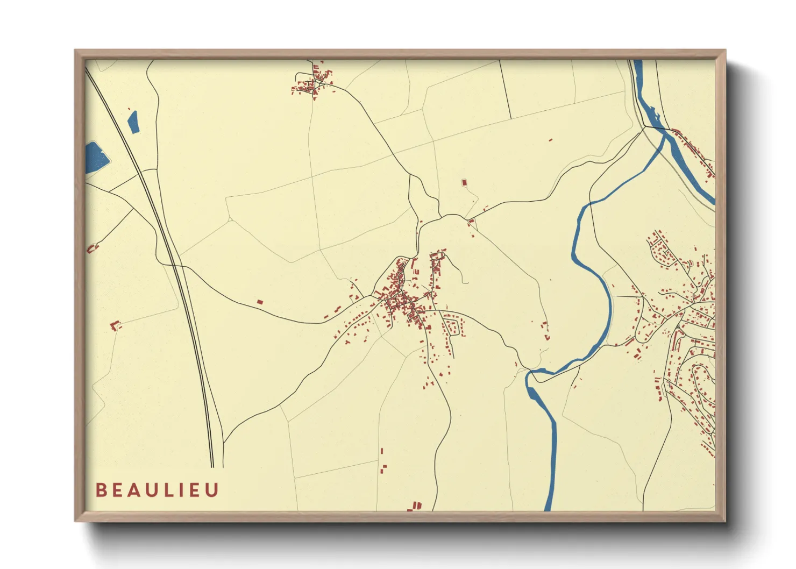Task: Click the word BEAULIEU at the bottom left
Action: click(157, 490)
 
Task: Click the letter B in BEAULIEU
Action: click(101, 490)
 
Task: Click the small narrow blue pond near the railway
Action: click(133, 122)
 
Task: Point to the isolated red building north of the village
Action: click(464, 183)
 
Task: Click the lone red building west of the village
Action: click(260, 302)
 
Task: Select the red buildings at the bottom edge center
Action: click(415, 506)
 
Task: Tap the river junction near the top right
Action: click(665, 134)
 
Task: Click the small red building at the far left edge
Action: click(92, 248)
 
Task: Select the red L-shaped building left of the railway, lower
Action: click(115, 325)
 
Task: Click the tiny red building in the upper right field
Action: click(550, 140)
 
